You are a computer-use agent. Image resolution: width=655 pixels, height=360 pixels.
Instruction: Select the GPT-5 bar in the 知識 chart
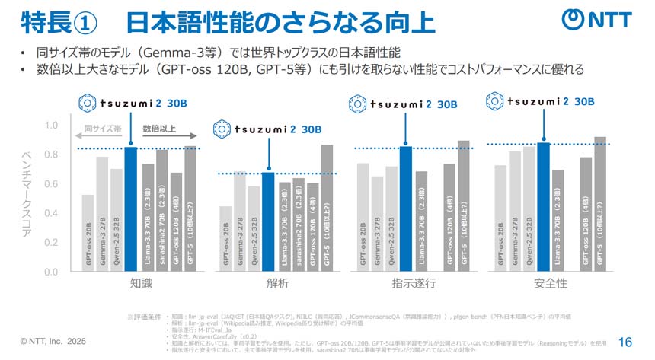click(190, 209)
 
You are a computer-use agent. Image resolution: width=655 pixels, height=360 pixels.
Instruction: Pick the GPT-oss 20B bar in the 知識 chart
click(88, 233)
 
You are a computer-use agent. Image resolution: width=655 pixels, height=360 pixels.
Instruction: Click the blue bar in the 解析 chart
click(268, 221)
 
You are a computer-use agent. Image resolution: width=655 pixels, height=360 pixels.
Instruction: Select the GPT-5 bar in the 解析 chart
click(326, 208)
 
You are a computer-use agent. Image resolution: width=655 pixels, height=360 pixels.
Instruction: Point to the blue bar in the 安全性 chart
click(543, 206)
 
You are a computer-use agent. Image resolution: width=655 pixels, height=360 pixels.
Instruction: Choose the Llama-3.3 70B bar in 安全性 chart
click(558, 220)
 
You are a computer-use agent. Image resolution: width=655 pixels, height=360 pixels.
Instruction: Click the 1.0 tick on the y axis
click(51, 125)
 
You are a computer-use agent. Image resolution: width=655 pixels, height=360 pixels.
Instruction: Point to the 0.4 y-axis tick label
click(51, 213)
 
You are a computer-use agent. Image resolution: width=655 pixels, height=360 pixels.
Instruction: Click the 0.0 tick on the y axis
click(51, 272)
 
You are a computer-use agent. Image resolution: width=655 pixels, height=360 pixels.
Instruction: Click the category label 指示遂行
click(414, 284)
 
